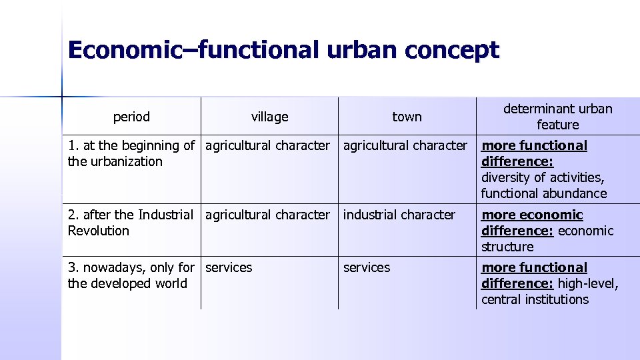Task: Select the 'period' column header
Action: (x=131, y=117)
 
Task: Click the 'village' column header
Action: (x=269, y=117)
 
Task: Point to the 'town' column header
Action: (x=407, y=117)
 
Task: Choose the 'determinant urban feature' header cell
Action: (x=557, y=117)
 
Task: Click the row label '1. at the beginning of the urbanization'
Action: (x=131, y=153)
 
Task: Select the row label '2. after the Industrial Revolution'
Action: (x=131, y=223)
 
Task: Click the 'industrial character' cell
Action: (x=399, y=215)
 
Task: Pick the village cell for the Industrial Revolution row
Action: (x=267, y=215)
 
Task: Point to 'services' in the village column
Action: (x=229, y=267)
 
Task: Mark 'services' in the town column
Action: (x=367, y=267)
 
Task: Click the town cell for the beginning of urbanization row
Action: (x=405, y=145)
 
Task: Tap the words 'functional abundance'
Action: (x=544, y=193)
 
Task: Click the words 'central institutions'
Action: (x=535, y=299)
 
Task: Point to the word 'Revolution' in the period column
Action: (x=99, y=231)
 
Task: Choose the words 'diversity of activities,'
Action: (x=543, y=177)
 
